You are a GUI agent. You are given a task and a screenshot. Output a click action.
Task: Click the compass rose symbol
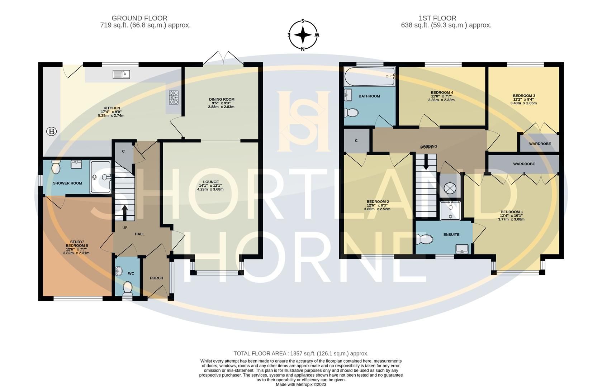(303, 35)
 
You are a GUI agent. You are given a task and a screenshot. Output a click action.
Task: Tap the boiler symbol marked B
(52, 132)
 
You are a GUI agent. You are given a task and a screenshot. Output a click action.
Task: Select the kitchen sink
(121, 74)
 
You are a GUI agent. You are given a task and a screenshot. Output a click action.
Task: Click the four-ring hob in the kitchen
(174, 97)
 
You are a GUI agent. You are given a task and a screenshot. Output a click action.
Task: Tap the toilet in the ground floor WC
(127, 287)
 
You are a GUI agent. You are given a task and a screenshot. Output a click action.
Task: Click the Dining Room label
(222, 100)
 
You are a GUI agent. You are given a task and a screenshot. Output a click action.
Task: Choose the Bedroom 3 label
(524, 96)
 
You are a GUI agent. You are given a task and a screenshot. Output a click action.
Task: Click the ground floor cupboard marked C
(123, 152)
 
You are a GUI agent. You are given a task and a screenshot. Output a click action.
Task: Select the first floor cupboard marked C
(356, 141)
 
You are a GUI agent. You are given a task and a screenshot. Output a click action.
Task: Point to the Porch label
(156, 278)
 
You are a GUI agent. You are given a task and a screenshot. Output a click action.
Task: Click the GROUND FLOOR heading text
(139, 18)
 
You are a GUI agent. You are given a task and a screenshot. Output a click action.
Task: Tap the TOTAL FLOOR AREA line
(301, 353)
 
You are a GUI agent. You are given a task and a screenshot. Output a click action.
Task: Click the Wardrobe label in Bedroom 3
(540, 144)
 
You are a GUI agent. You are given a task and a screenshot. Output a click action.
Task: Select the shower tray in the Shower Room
(101, 177)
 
